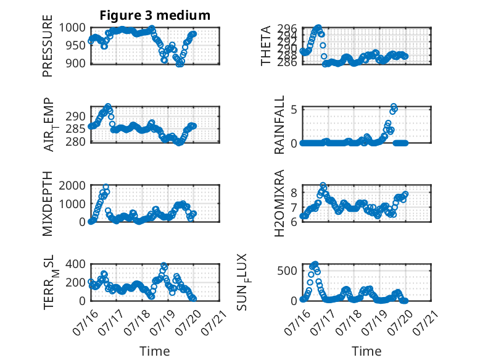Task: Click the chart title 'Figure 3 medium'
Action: click(x=155, y=15)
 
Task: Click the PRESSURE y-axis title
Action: click(x=48, y=46)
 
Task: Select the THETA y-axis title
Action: click(x=266, y=46)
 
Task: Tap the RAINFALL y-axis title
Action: click(x=279, y=125)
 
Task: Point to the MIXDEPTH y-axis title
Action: click(x=48, y=203)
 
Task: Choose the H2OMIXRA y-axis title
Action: click(x=279, y=203)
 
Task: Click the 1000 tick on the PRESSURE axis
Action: click(x=72, y=28)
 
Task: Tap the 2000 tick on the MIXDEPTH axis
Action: click(x=72, y=186)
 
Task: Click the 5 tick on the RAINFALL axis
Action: click(x=294, y=109)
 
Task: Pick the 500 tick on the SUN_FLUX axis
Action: click(x=288, y=270)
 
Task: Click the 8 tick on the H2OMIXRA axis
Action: click(x=294, y=193)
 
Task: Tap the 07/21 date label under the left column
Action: click(x=214, y=322)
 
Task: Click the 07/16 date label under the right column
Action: click(x=297, y=322)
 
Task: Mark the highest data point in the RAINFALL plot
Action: click(x=394, y=106)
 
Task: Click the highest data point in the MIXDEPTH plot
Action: click(x=106, y=187)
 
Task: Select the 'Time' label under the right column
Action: click(x=366, y=351)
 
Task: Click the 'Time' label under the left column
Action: click(x=155, y=351)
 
